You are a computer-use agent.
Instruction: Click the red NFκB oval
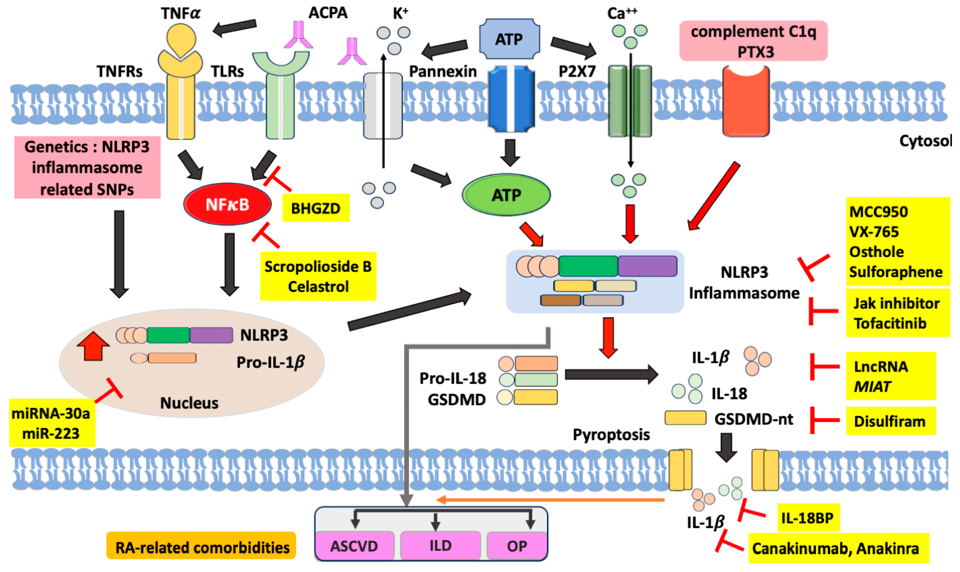pos(227,204)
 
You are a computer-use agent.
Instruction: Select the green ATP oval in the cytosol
pos(506,195)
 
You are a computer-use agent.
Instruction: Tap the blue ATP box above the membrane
pos(509,39)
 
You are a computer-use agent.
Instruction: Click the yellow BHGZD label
pos(315,208)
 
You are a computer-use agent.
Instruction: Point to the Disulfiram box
pos(890,421)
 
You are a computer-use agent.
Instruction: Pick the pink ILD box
pos(440,545)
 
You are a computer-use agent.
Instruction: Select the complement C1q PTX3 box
pos(753,41)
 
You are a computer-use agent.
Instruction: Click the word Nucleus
pos(189,403)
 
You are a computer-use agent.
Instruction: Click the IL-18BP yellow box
pos(808,518)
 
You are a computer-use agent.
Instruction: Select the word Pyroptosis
pos(611,434)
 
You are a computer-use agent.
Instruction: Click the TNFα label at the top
pos(181,13)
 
